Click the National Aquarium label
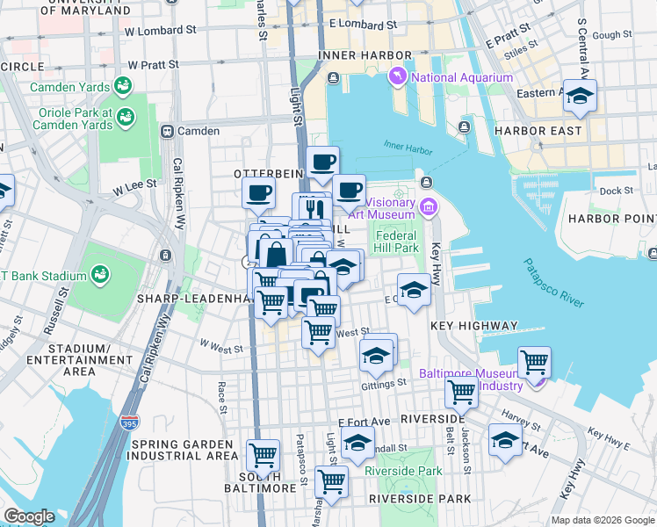pos(461,77)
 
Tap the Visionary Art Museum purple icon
pos(429,207)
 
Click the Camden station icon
pos(166,131)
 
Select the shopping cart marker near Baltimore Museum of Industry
pos(534,361)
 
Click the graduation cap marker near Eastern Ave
pos(579,95)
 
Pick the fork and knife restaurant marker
pos(314,208)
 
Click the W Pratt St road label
pos(153,65)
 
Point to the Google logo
pos(29,516)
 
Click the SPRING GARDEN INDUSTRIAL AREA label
pos(184,450)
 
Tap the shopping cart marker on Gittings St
pos(460,395)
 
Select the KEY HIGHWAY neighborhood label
pos(474,326)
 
